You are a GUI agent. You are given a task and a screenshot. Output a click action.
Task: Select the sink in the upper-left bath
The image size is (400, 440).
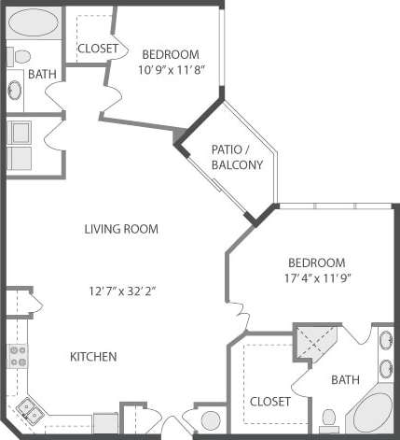16,91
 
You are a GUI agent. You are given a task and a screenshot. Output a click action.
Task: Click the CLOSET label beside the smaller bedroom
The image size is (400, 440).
97,49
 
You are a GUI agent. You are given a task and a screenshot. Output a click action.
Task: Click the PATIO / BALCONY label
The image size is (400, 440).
238,157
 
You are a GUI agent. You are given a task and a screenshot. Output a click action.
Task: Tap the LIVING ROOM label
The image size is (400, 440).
120,229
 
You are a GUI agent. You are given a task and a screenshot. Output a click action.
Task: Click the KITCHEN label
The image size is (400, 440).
93,357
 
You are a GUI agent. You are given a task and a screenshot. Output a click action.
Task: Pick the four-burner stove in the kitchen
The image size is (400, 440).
18,355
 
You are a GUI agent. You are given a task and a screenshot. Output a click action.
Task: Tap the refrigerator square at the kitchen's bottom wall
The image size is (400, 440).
105,422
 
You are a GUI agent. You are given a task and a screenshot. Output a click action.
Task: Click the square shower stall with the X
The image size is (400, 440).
315,345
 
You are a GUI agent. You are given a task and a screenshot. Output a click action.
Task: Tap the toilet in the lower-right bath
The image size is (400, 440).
328,418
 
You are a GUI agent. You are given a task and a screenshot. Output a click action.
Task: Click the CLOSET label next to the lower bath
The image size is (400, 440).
269,401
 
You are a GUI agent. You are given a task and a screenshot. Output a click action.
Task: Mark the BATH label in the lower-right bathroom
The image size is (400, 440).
345,380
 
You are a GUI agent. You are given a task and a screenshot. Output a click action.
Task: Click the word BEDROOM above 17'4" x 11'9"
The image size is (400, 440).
315,263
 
